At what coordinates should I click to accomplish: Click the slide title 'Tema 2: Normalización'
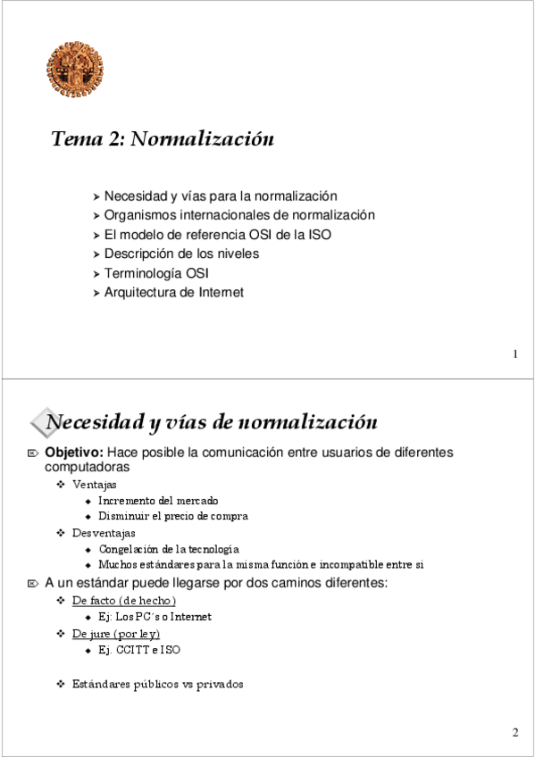(162, 139)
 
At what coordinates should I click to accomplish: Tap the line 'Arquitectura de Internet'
(173, 292)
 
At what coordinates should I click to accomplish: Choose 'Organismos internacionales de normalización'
(238, 215)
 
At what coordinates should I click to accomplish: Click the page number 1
(515, 354)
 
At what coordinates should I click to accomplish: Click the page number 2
(515, 733)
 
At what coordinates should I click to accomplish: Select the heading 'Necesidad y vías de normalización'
(211, 421)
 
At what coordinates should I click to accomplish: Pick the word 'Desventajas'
(104, 533)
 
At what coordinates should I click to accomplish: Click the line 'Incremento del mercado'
(158, 501)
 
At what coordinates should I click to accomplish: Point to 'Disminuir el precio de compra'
(173, 516)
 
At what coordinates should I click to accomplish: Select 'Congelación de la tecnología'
(169, 549)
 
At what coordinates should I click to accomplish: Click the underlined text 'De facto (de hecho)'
(124, 601)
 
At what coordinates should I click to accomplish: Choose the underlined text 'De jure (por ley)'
(116, 634)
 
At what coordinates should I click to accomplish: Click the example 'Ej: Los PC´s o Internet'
(155, 617)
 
